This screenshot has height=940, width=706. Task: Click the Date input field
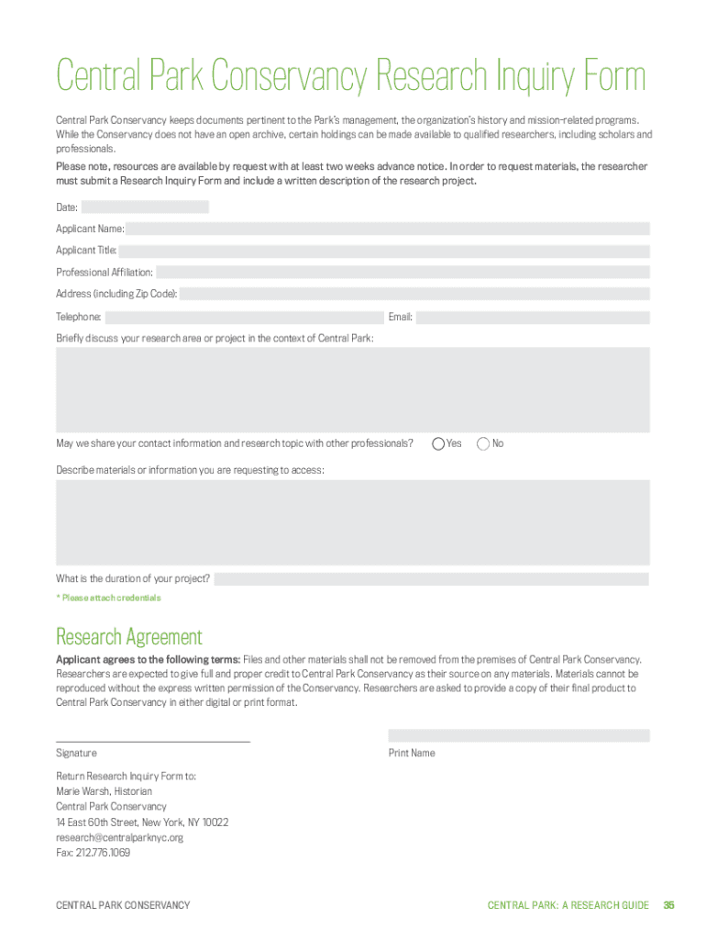(147, 207)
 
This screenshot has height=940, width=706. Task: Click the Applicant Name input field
(388, 229)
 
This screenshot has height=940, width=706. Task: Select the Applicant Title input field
(384, 251)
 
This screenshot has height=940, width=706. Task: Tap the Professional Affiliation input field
(403, 273)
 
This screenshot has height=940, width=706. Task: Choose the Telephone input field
(243, 318)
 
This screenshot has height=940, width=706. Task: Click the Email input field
(533, 318)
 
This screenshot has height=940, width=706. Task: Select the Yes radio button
(438, 444)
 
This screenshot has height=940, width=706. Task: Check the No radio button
(483, 444)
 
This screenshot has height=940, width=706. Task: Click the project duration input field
(431, 579)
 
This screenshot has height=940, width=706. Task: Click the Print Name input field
(518, 735)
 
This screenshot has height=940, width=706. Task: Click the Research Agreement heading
(129, 636)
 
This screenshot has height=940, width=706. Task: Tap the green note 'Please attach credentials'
(108, 599)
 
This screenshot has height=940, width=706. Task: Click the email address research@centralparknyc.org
(120, 837)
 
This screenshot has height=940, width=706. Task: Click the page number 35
(668, 906)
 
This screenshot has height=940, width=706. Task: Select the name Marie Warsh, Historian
(105, 791)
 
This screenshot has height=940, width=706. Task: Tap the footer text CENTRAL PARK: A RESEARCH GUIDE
(568, 906)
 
